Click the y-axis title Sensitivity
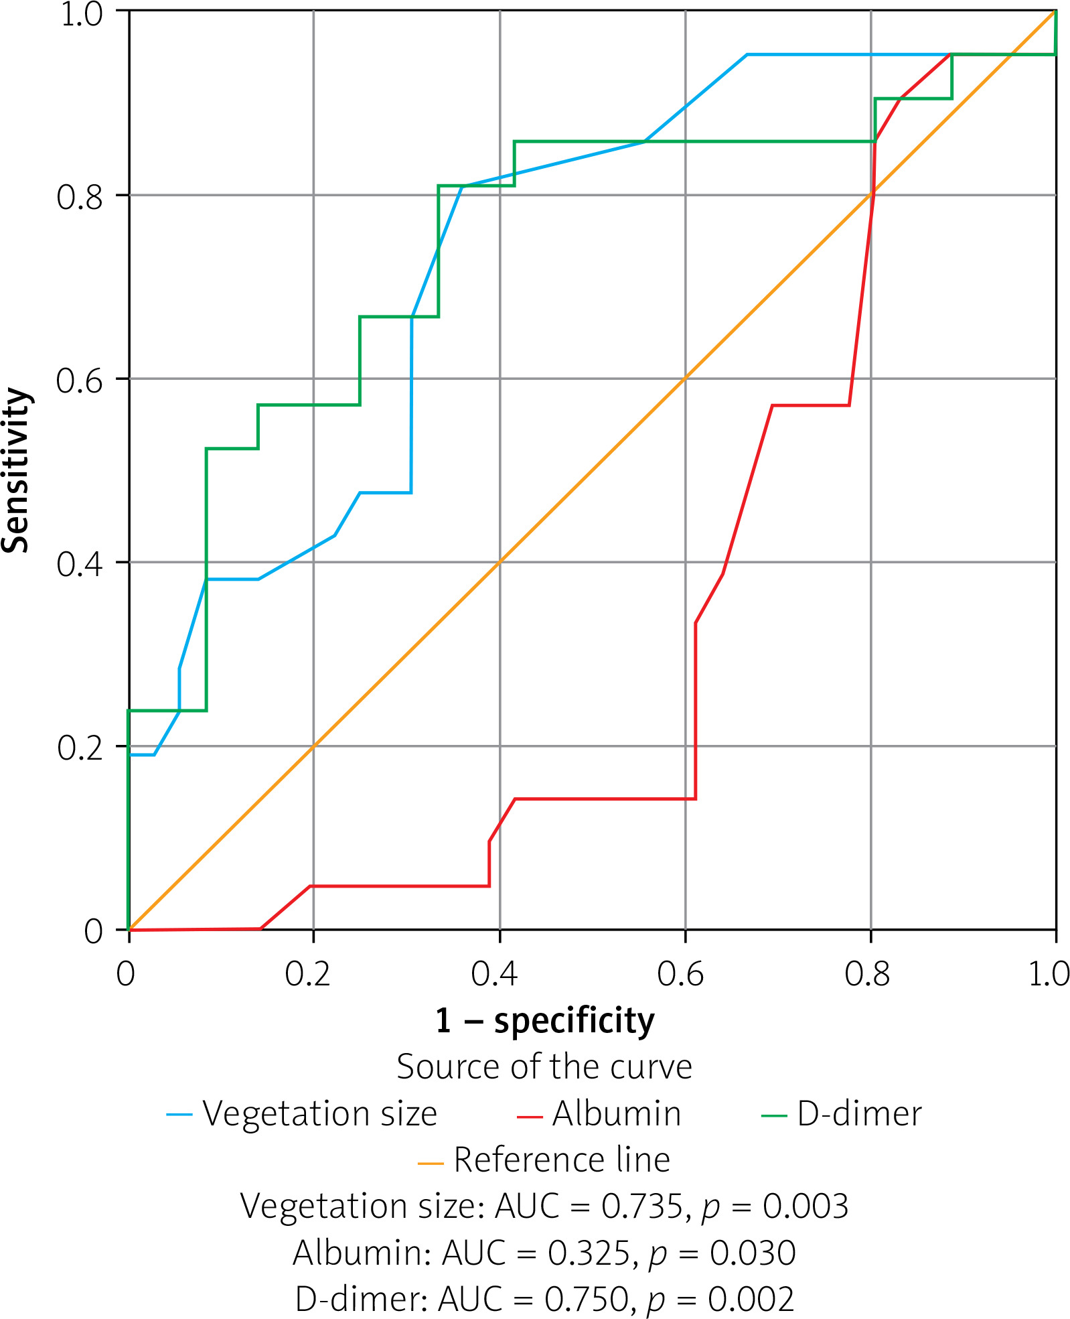pyautogui.click(x=16, y=470)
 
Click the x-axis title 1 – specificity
pyautogui.click(x=544, y=1020)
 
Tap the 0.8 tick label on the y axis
pyautogui.click(x=80, y=197)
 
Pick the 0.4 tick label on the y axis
pyautogui.click(x=80, y=564)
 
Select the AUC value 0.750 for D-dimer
pyautogui.click(x=585, y=1299)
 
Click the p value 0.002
pyautogui.click(x=751, y=1299)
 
